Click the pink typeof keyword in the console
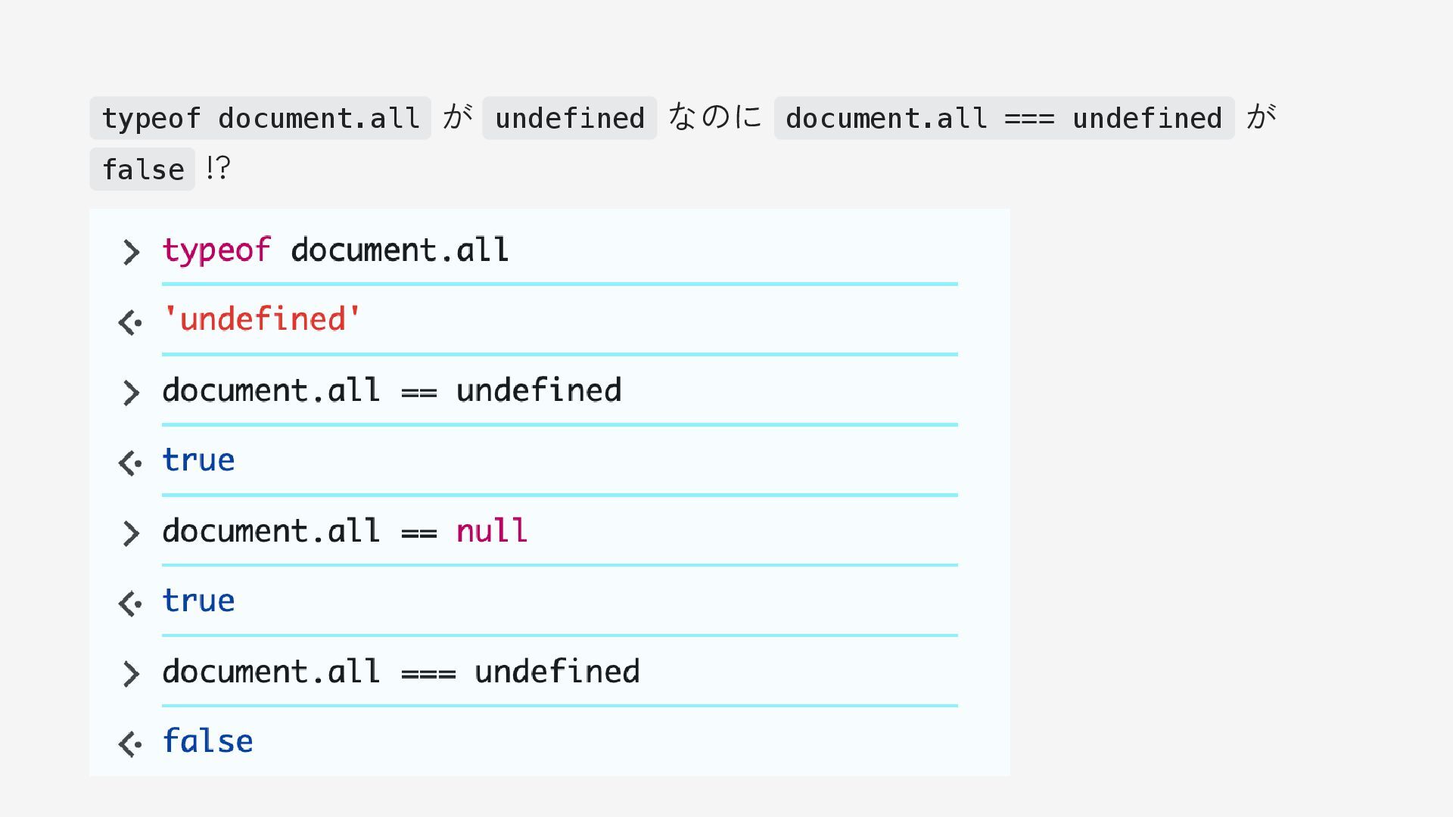pyautogui.click(x=216, y=250)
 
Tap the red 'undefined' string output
pyautogui.click(x=262, y=320)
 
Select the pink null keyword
pyautogui.click(x=492, y=531)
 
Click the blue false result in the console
pyautogui.click(x=208, y=741)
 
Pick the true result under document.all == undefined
pyautogui.click(x=198, y=461)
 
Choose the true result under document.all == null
pyautogui.click(x=198, y=601)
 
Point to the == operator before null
pyautogui.click(x=419, y=533)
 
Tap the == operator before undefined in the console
pyautogui.click(x=419, y=392)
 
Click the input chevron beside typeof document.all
pyautogui.click(x=131, y=252)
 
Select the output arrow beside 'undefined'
pyautogui.click(x=130, y=323)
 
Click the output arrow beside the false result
pyautogui.click(x=130, y=744)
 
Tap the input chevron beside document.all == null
pyautogui.click(x=131, y=533)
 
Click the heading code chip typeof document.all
pyautogui.click(x=260, y=119)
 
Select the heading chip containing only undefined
pyautogui.click(x=569, y=119)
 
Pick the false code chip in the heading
pyautogui.click(x=142, y=169)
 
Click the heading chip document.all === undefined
pyautogui.click(x=1003, y=119)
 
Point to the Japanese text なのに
pyautogui.click(x=715, y=117)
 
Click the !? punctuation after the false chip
pyautogui.click(x=218, y=168)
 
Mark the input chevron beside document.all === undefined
pyautogui.click(x=131, y=674)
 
